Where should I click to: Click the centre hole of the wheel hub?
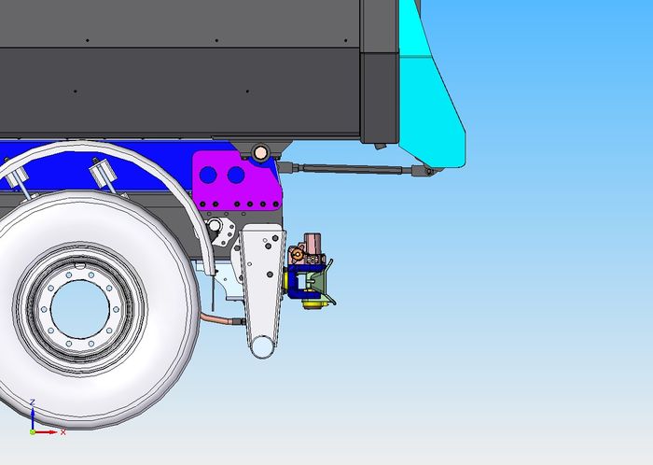point(80,309)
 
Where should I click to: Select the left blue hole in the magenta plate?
point(208,175)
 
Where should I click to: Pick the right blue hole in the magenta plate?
point(236,175)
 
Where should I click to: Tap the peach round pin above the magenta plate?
point(260,152)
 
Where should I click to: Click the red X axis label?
point(63,432)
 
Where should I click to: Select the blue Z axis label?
point(33,402)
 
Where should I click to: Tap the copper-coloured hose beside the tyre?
point(221,320)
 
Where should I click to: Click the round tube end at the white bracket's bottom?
point(261,346)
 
